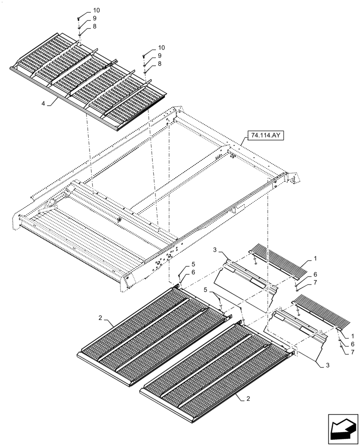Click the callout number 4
[43, 103]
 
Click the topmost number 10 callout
[97, 10]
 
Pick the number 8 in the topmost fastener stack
[94, 27]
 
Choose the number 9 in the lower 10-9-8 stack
[159, 55]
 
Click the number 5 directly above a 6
[193, 264]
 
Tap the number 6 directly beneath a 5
[193, 273]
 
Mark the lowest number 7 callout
[353, 352]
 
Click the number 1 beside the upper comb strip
[315, 258]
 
